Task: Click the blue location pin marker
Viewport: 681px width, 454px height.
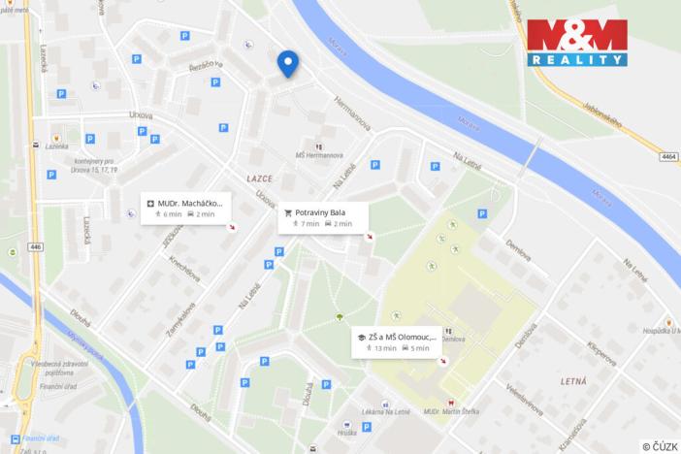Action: point(288,63)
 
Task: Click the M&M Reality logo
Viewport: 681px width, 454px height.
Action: point(577,42)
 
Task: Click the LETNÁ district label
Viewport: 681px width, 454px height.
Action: point(579,383)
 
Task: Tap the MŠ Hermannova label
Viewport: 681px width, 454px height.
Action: point(320,153)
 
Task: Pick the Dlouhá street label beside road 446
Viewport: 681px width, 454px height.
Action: point(81,316)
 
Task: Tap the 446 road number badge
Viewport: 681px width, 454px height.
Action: point(37,247)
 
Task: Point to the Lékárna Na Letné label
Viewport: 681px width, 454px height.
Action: point(387,413)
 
